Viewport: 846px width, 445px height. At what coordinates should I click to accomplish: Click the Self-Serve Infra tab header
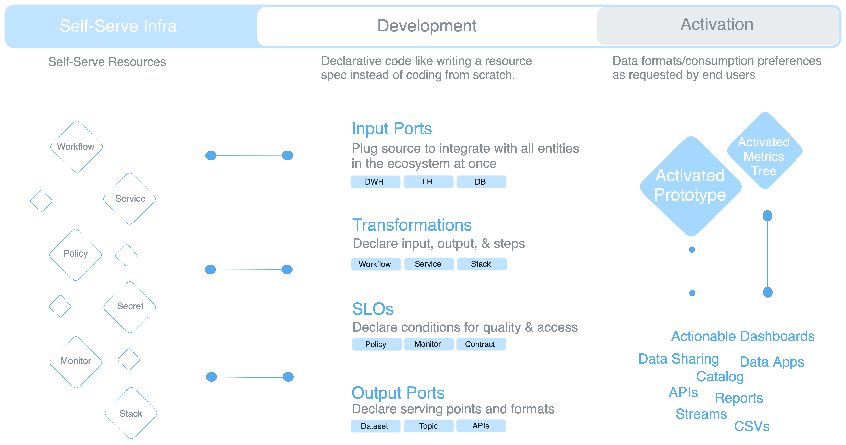(118, 26)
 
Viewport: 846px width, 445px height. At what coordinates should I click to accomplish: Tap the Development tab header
(427, 26)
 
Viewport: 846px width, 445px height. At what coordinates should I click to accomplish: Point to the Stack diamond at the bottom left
(131, 414)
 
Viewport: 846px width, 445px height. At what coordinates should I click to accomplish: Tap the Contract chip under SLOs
(480, 344)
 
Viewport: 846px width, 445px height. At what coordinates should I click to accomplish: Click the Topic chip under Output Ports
(428, 426)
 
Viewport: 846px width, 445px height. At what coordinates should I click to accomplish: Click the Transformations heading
(412, 225)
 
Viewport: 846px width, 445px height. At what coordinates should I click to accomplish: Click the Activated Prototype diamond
(690, 186)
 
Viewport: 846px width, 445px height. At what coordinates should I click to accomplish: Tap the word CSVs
(752, 427)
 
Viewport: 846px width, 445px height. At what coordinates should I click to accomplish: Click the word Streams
(701, 414)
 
